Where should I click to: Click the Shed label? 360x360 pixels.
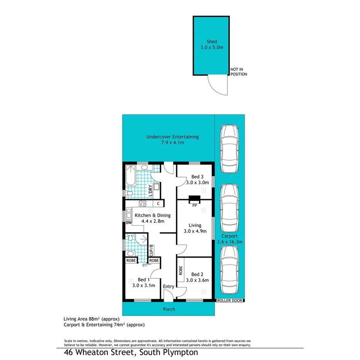tap(211, 42)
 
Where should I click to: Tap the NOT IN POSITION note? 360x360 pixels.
tap(238, 71)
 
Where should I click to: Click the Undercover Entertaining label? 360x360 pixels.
tap(172, 137)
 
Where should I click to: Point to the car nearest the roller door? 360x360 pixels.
tap(229, 271)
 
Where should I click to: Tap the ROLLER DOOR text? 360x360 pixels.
tap(230, 301)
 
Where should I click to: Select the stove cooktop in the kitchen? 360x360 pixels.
tap(143, 204)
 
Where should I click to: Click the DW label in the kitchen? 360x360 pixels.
tap(128, 223)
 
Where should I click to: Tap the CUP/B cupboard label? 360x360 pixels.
tap(152, 250)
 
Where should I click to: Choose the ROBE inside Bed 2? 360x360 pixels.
tap(180, 270)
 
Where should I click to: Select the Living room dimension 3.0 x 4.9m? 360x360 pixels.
tap(195, 231)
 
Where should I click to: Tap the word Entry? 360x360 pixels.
tap(169, 286)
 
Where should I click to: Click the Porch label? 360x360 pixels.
tap(169, 309)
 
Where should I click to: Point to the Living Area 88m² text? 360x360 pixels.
tap(92, 319)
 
